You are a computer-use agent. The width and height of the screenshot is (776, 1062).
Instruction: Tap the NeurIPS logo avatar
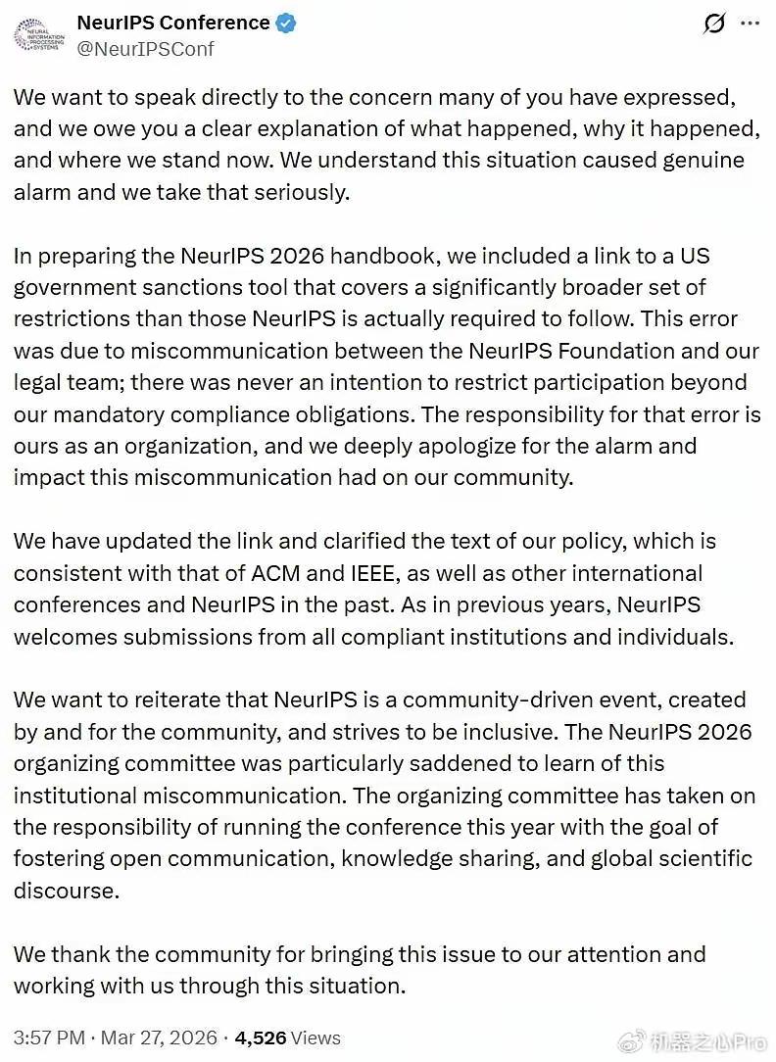(37, 35)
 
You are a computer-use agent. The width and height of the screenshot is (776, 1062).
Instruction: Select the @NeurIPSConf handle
(146, 48)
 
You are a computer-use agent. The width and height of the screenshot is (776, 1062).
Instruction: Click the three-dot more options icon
(749, 24)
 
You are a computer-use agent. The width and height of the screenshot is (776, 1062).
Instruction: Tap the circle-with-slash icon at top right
(713, 24)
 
